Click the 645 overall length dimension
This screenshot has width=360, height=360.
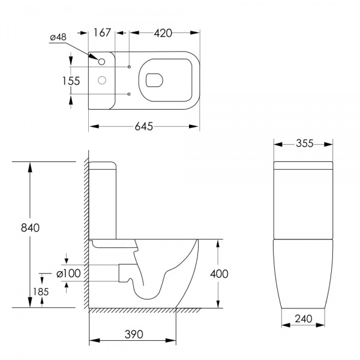coord(144,126)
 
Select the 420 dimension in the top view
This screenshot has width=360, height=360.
coord(163,33)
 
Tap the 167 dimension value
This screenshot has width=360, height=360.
coord(102,32)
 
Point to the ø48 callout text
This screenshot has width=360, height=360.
coord(58,37)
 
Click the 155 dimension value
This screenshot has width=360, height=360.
coord(71,81)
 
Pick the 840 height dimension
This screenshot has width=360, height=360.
coord(30,228)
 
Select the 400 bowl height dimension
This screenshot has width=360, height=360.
coord(219,274)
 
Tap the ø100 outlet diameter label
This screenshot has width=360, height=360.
coord(68,274)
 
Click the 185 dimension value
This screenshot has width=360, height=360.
coord(41,292)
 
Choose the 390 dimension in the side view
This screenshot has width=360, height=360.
coord(134,334)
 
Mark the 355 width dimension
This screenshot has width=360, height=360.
coord(304,143)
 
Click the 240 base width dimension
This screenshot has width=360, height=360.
coord(303,319)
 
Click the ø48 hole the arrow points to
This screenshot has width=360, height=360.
coord(101,62)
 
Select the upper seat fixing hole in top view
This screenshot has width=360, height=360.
coord(129,67)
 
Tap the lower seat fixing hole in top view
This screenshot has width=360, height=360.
coord(129,94)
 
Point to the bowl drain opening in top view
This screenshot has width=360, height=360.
coord(154,80)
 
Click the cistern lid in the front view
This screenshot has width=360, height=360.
coord(303,166)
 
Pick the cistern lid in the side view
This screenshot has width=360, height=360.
coord(103,166)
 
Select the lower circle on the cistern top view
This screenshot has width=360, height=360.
coord(102,80)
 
